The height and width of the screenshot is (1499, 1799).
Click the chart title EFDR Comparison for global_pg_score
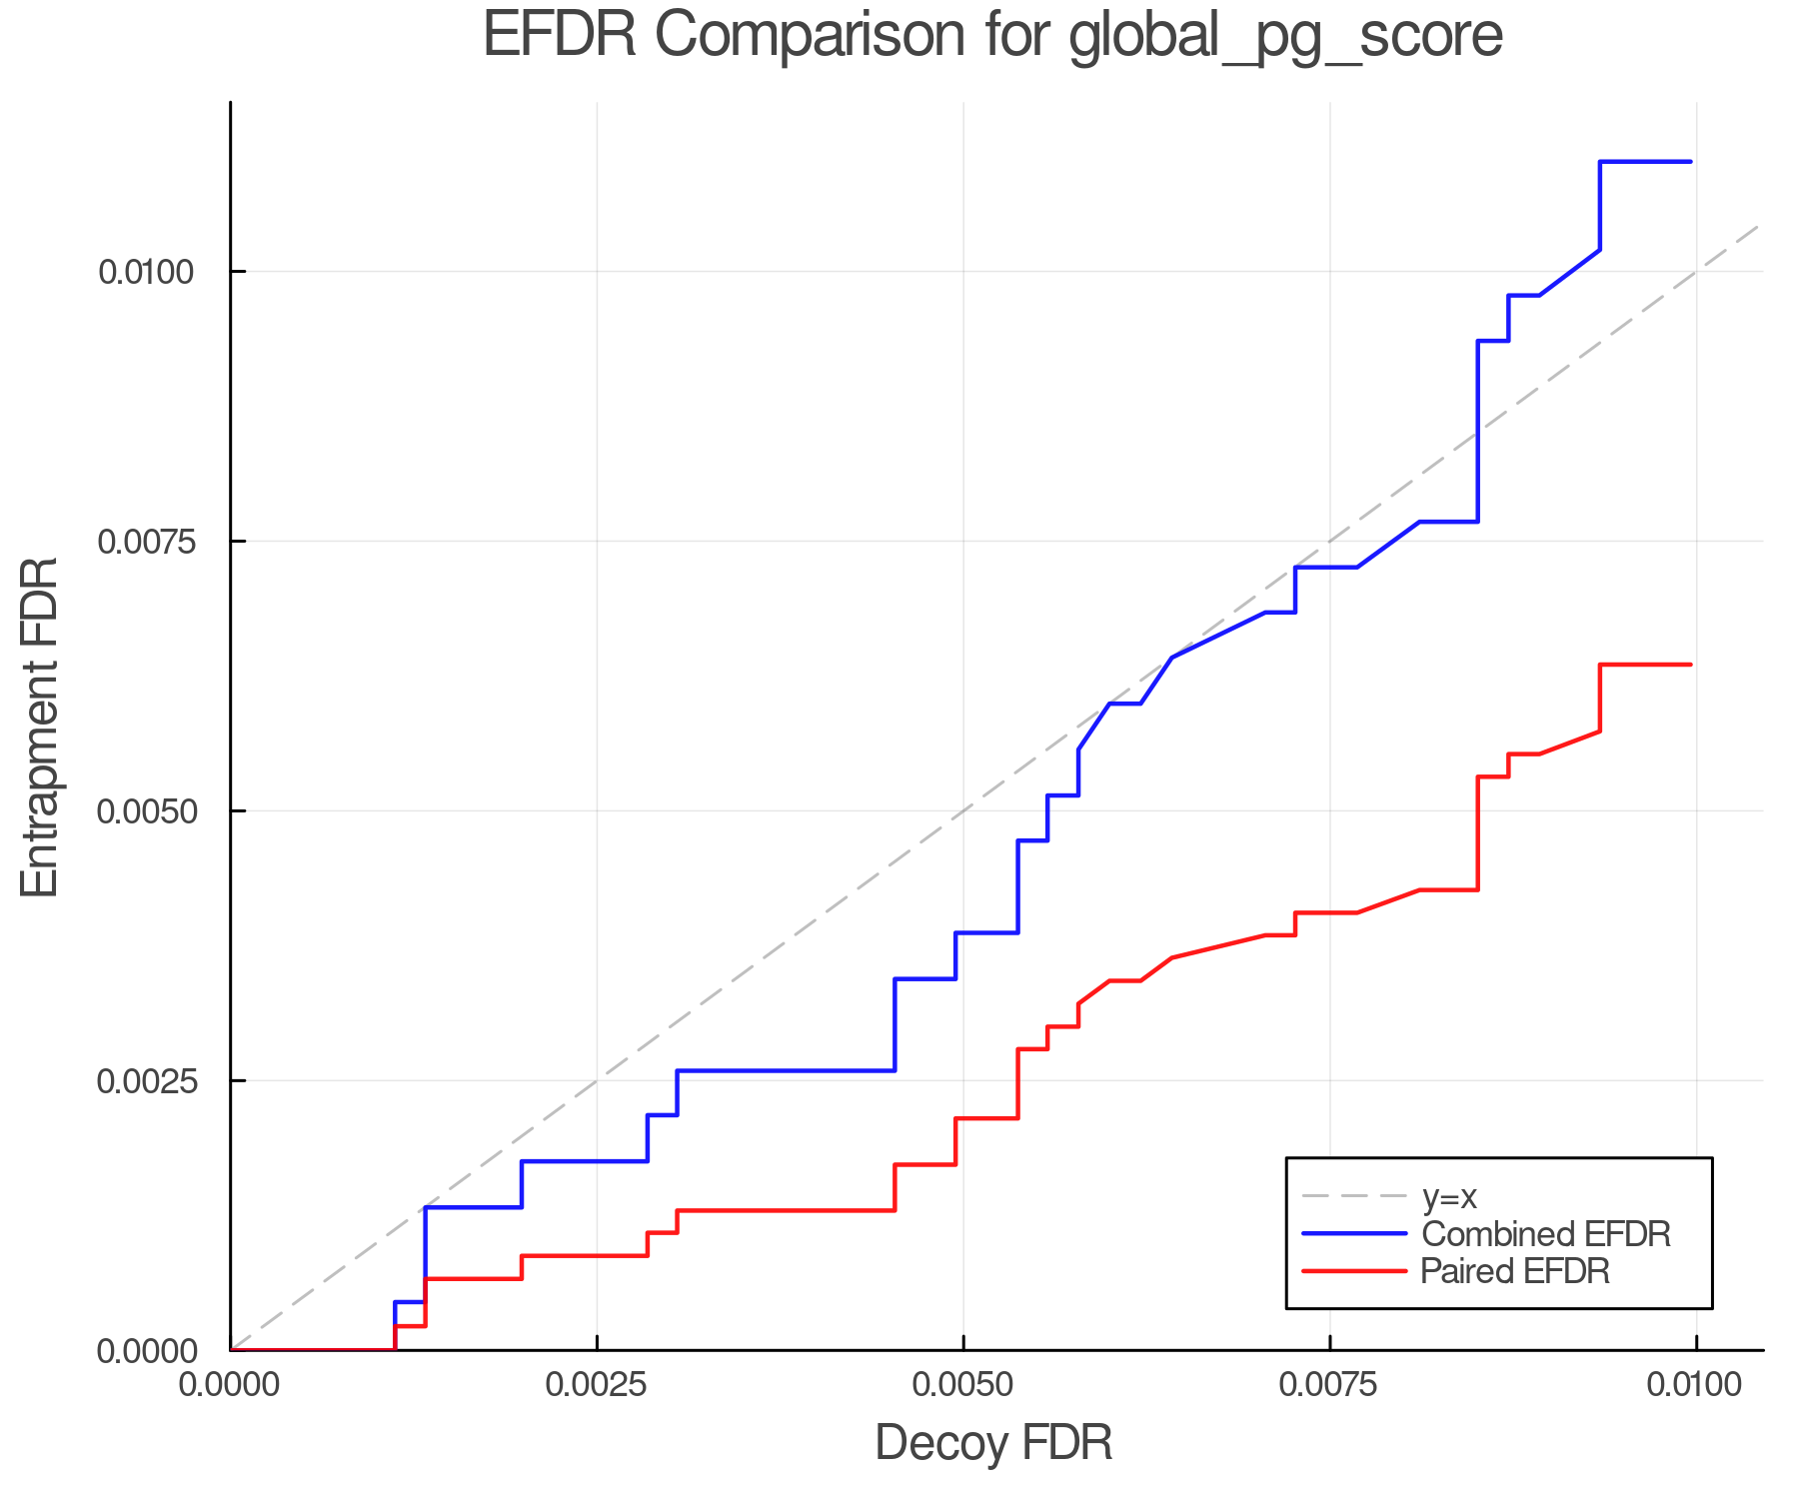coord(992,36)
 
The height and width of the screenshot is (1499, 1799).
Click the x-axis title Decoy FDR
coord(993,1443)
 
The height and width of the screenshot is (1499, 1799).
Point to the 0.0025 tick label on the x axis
coord(597,1385)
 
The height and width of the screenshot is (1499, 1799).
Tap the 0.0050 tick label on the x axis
coord(962,1385)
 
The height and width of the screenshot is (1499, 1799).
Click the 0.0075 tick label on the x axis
coord(1329,1385)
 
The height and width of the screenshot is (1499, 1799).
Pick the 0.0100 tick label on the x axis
coord(1695,1385)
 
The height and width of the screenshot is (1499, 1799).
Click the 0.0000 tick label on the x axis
coord(230,1385)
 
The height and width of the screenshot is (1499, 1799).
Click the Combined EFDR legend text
coord(1545,1234)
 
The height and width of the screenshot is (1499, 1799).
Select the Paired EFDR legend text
coord(1515,1271)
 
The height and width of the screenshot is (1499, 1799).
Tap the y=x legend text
coord(1449,1196)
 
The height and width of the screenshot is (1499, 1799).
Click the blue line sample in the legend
coord(1354,1234)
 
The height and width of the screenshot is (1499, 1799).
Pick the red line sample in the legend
coord(1354,1271)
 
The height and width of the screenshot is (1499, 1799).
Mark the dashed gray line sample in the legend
coord(1354,1196)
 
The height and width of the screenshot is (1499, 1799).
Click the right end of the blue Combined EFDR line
coord(1690,161)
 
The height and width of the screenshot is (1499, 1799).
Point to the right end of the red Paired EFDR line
coord(1690,665)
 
